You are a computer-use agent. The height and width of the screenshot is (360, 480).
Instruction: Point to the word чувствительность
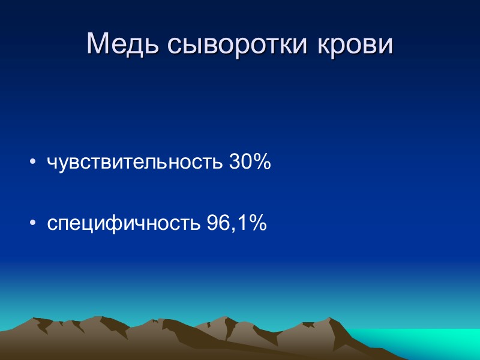tap(136, 163)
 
